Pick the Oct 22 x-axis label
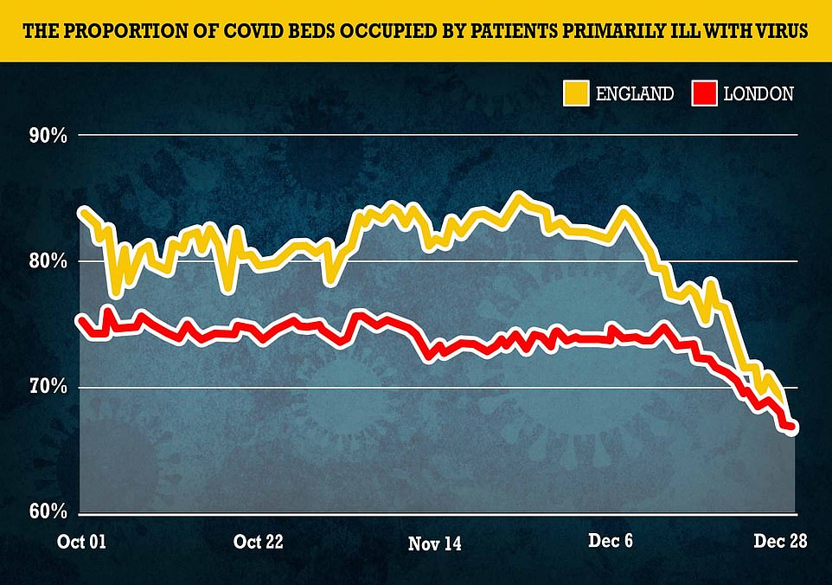point(259,543)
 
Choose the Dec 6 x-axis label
point(610,543)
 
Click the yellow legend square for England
point(575,93)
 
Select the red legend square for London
point(705,93)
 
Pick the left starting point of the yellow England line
point(81,211)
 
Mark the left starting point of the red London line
point(81,321)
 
